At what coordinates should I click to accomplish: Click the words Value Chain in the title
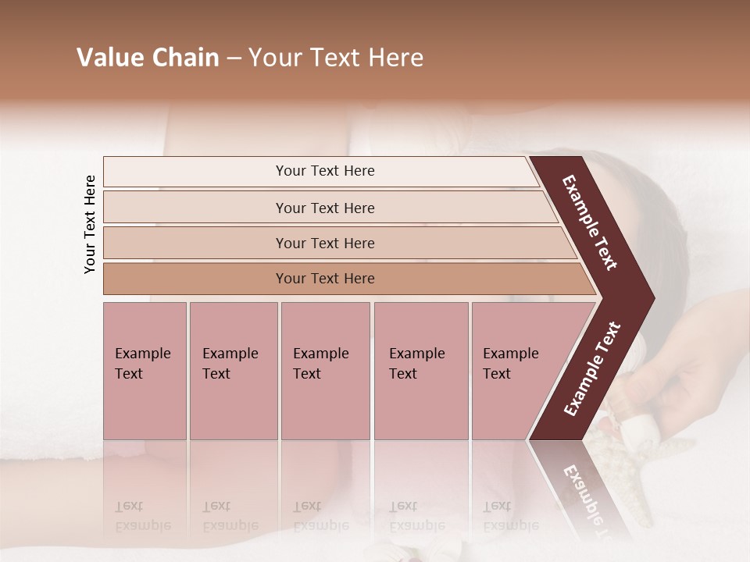point(148,58)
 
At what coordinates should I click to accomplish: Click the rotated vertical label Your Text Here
point(90,224)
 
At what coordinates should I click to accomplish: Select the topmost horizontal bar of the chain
point(195,172)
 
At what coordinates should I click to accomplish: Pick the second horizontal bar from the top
point(195,208)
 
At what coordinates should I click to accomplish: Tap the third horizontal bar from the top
point(195,243)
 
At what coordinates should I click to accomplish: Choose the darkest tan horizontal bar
point(195,279)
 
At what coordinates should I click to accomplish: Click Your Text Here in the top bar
point(325,171)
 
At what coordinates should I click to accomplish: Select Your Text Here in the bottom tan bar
point(325,279)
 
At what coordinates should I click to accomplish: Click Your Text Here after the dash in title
point(336,58)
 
